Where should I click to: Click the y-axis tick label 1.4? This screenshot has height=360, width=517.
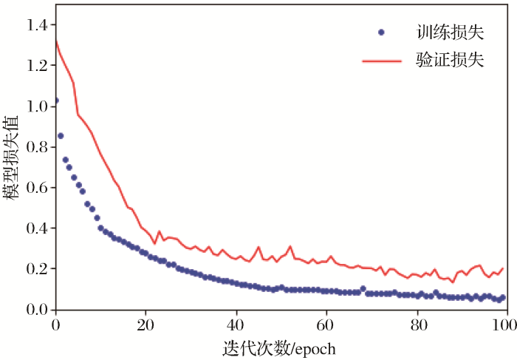pyautogui.click(x=36, y=26)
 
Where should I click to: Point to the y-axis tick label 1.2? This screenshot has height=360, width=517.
pyautogui.click(x=36, y=66)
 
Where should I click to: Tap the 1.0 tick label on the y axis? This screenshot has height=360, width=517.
pyautogui.click(x=36, y=106)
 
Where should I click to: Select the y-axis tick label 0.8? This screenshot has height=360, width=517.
pyautogui.click(x=36, y=147)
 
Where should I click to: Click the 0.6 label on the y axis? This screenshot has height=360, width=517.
pyautogui.click(x=36, y=188)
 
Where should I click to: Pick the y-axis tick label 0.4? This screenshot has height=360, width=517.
pyautogui.click(x=36, y=228)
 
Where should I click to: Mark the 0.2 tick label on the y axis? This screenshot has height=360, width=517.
pyautogui.click(x=36, y=269)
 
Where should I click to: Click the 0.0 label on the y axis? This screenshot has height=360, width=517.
pyautogui.click(x=36, y=310)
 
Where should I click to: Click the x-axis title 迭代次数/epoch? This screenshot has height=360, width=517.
pyautogui.click(x=278, y=346)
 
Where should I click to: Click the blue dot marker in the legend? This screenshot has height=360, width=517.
pyautogui.click(x=381, y=33)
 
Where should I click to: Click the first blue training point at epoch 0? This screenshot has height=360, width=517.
pyautogui.click(x=55, y=100)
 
